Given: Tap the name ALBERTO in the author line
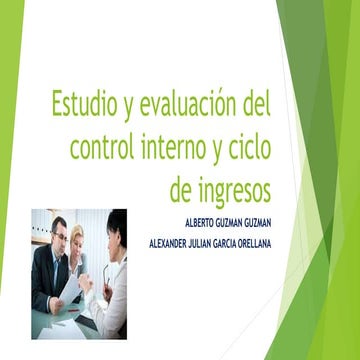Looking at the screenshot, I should (204, 222).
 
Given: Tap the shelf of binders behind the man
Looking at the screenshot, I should (41, 227).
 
